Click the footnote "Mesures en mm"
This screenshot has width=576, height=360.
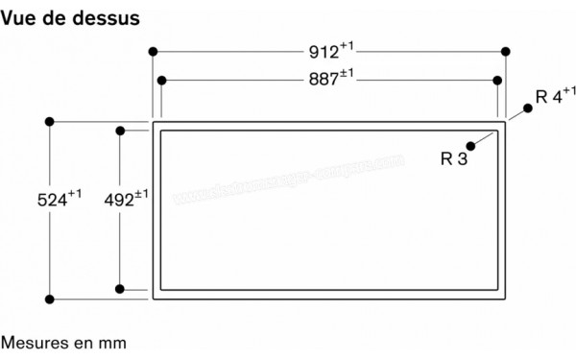pyautogui.click(x=63, y=342)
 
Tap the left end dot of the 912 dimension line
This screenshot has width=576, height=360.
pyautogui.click(x=153, y=51)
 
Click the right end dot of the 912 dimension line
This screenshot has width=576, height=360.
pyautogui.click(x=506, y=51)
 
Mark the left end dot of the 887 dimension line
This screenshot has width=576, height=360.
pyautogui.click(x=161, y=81)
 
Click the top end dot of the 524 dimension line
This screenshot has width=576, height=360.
pyautogui.click(x=50, y=122)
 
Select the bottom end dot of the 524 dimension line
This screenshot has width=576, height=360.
pyautogui.click(x=50, y=298)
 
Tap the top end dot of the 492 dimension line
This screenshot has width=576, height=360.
pyautogui.click(x=119, y=131)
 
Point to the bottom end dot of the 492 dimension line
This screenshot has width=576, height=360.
pyautogui.click(x=119, y=288)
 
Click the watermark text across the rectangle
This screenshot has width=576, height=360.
pyautogui.click(x=288, y=182)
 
